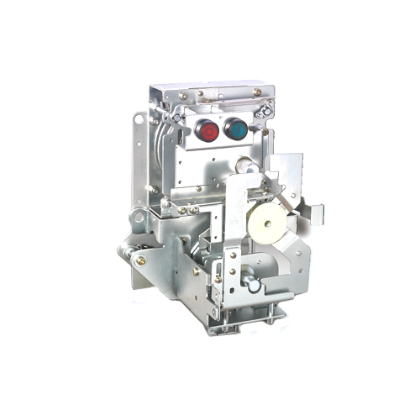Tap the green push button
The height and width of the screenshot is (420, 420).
(x=236, y=129)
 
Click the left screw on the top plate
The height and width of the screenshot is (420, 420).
(x=200, y=94)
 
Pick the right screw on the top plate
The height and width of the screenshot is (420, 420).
(x=257, y=92)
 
